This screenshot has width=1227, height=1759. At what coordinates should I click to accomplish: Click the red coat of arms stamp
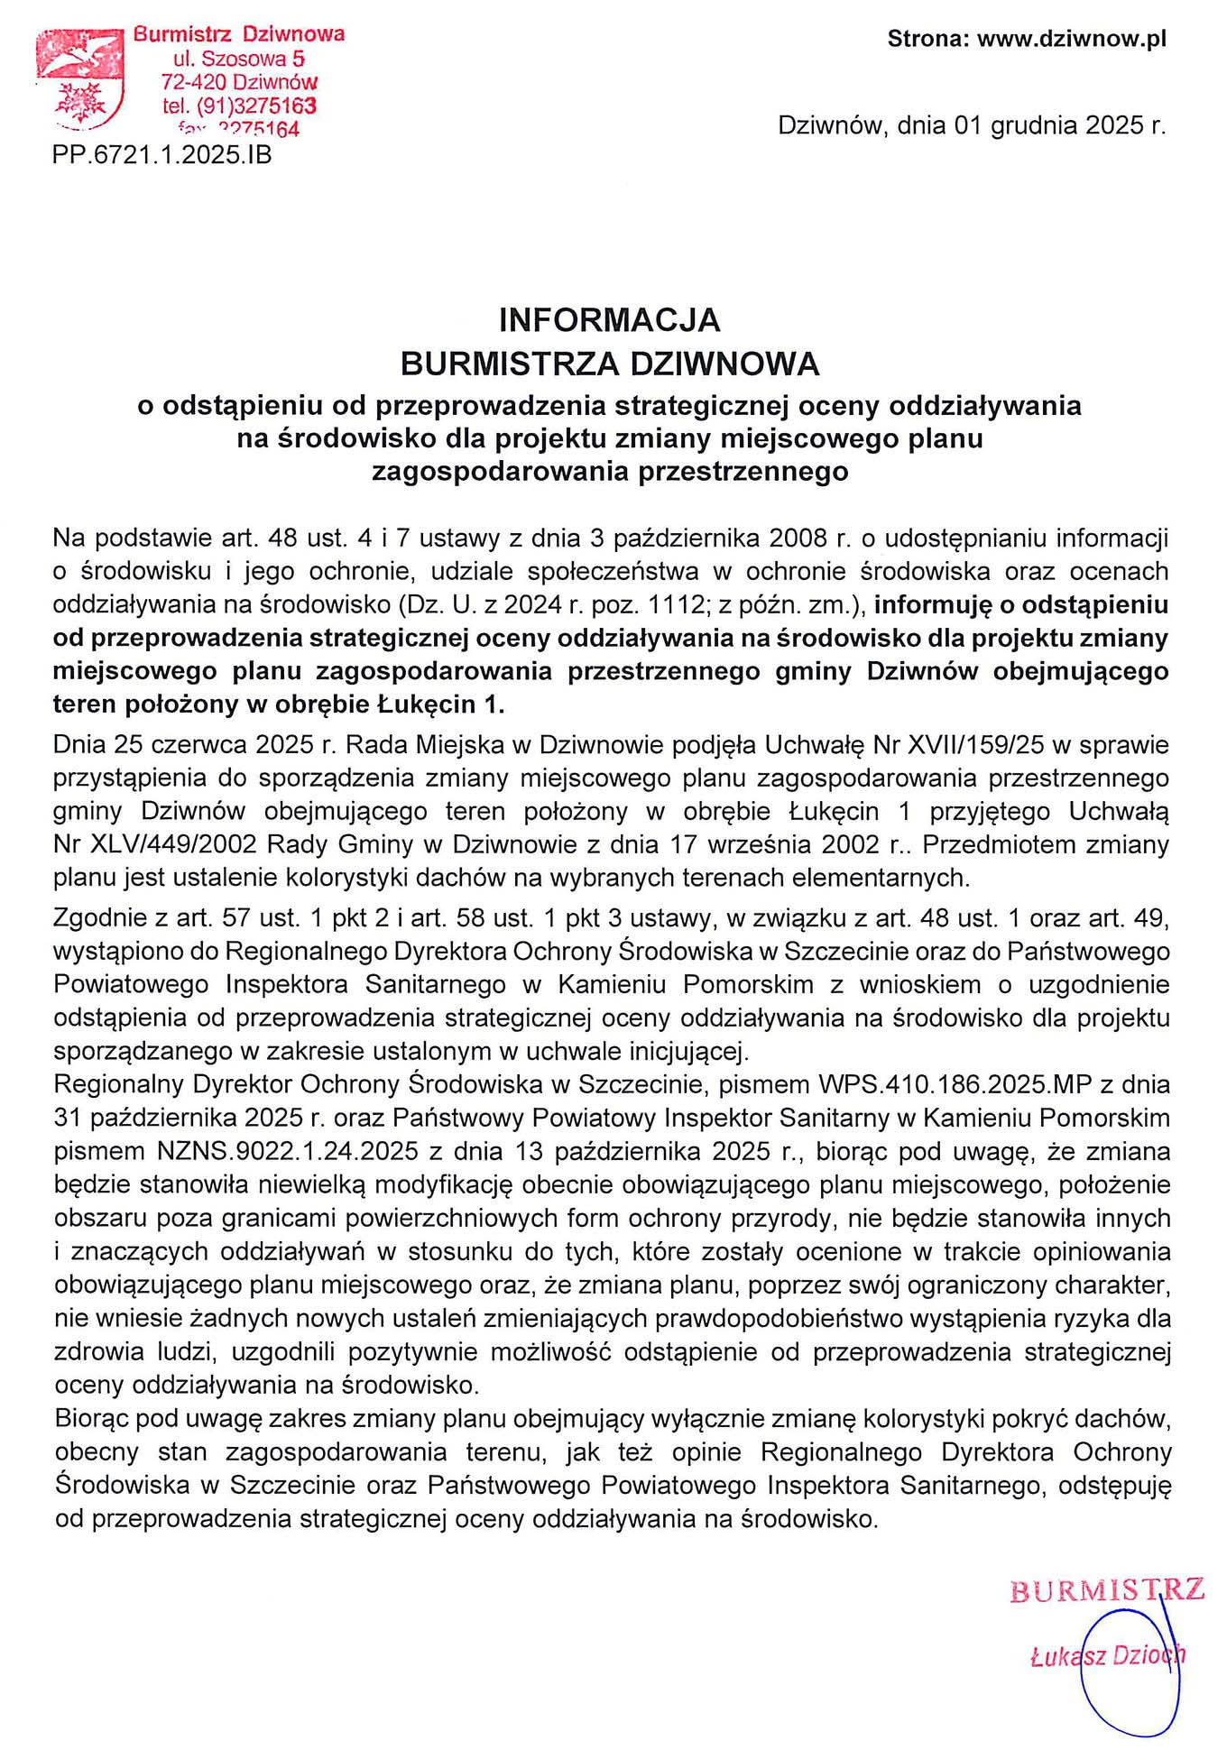point(79,81)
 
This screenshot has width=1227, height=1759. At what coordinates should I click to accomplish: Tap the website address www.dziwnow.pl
point(1072,40)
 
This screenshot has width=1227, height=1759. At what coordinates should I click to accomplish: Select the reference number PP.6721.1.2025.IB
point(162,155)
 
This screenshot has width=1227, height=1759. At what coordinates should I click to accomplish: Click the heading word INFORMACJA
point(609,320)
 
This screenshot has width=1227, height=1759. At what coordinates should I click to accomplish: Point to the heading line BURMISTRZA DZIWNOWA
point(609,364)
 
